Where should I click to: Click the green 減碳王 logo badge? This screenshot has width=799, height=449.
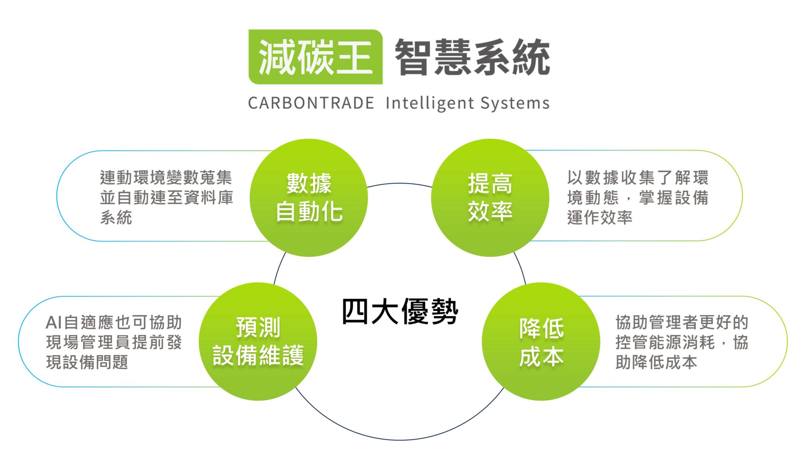pos(316,57)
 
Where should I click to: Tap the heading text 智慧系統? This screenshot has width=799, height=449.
pos(472,57)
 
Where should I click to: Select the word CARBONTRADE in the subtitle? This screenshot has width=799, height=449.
pos(311,103)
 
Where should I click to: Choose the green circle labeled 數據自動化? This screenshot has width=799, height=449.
pos(309,198)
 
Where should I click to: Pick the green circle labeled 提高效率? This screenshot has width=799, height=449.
pos(490,198)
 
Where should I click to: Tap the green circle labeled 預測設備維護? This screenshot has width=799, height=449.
pos(258,341)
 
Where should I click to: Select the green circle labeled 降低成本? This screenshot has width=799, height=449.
pos(541,341)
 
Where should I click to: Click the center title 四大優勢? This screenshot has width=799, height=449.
pos(400,311)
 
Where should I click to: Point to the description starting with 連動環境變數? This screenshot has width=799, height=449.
pos(166,198)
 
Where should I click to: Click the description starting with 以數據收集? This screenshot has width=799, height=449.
pos(637,198)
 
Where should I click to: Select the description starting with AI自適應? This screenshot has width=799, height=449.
pos(114,342)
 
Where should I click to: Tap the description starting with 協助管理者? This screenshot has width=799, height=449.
pos(682,342)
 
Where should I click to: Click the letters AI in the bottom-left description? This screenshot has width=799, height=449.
pos(54,323)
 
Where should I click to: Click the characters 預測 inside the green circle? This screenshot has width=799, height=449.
pos(258,327)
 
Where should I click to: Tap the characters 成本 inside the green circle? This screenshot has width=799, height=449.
pos(541,356)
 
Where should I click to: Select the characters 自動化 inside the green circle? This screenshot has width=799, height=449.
pos(309,212)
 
